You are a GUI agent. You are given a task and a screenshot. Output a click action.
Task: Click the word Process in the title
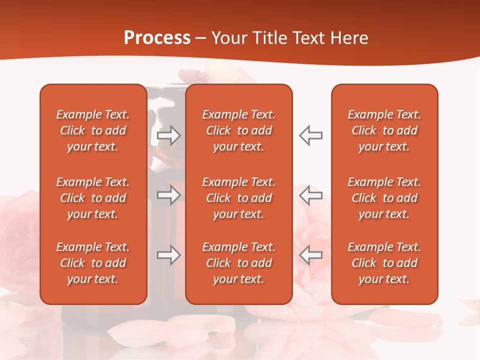157,38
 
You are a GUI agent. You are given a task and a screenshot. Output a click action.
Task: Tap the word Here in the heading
348,38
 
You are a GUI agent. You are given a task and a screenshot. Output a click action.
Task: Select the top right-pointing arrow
169,135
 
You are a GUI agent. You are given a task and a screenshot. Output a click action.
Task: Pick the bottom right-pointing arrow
169,255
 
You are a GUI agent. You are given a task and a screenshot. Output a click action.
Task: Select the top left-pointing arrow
310,135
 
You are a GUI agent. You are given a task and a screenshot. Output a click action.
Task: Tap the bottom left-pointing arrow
310,255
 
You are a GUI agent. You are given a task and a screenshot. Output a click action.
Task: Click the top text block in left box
93,130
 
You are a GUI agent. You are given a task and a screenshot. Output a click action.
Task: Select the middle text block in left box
93,198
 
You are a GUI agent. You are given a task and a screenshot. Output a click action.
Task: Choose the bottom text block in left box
93,263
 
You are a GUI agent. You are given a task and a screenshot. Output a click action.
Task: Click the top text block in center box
238,130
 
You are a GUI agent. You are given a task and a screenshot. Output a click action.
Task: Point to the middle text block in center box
238,198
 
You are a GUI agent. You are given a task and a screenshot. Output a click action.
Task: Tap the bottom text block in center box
238,263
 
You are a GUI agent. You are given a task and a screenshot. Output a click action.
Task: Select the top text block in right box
384,130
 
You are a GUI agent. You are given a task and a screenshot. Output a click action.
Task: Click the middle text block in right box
384,198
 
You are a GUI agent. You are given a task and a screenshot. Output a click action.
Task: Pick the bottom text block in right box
384,263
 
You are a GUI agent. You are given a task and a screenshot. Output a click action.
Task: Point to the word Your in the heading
228,38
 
